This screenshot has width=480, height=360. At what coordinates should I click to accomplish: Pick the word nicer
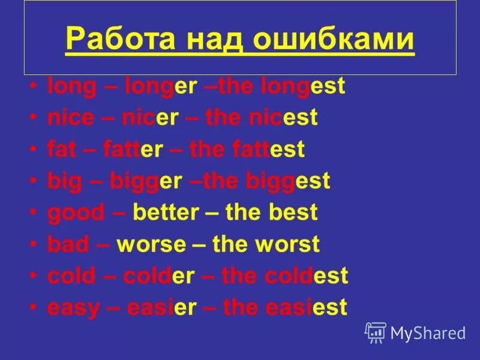(x=150, y=118)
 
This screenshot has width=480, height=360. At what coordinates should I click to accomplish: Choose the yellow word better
(x=166, y=212)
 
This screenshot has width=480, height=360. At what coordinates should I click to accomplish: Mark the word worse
(x=151, y=244)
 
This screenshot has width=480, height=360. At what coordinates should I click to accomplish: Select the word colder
(x=159, y=276)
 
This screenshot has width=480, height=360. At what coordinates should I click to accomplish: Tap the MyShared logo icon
(x=376, y=332)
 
